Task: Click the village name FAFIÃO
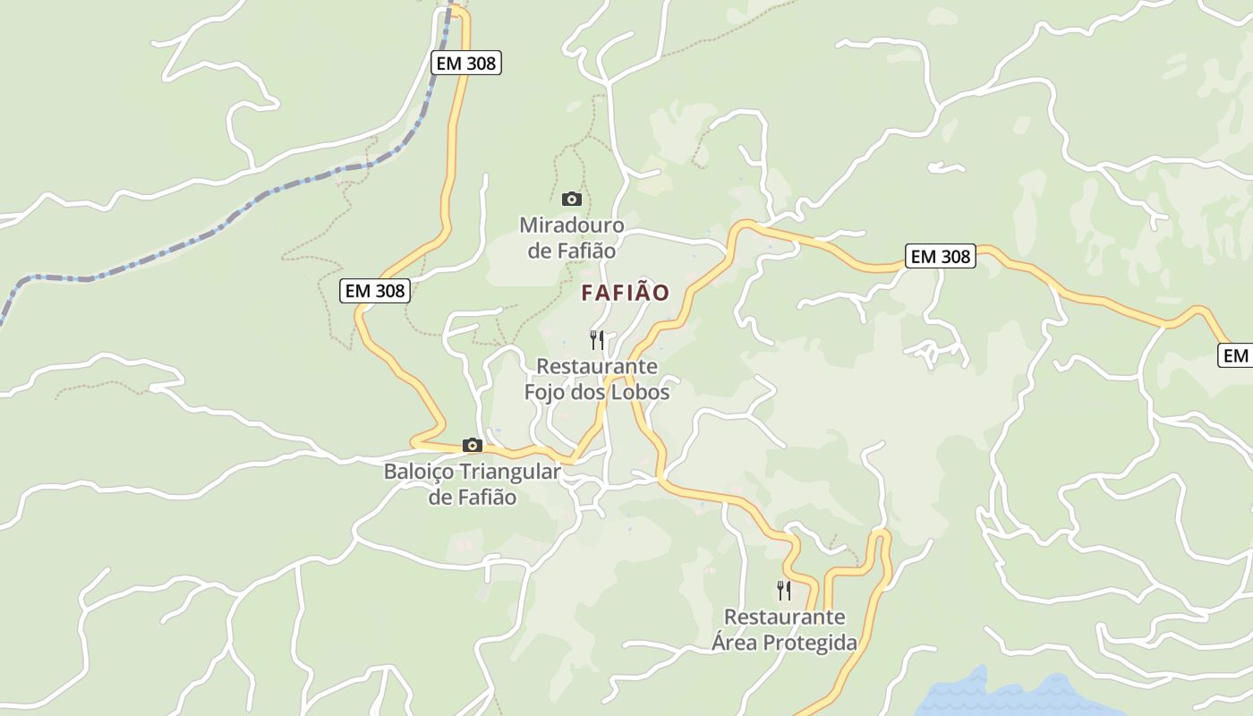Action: (625, 293)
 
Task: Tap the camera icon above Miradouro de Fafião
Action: (571, 199)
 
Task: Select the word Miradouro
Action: (571, 225)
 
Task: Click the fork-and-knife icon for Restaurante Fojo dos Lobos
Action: (597, 339)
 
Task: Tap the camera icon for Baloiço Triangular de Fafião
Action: (472, 445)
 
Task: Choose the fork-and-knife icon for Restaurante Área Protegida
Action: (784, 590)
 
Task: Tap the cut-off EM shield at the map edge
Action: (1236, 355)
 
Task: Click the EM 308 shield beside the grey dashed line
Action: (465, 63)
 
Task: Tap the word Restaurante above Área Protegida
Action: (784, 618)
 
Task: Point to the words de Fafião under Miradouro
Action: (571, 251)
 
